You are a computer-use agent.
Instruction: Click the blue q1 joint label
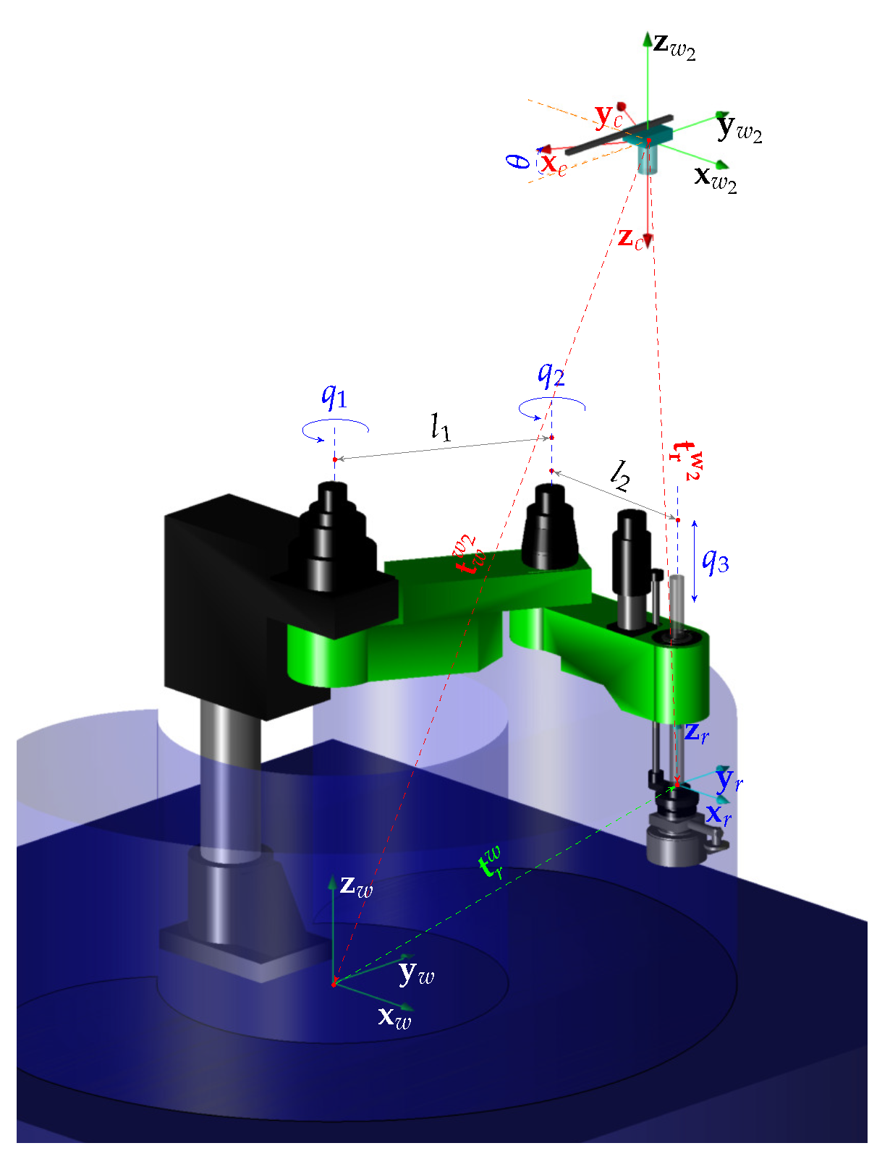click(334, 396)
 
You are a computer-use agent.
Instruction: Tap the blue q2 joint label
click(551, 374)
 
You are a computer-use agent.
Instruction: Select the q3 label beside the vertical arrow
click(716, 561)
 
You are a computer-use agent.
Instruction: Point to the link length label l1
click(441, 428)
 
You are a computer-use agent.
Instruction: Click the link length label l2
click(620, 475)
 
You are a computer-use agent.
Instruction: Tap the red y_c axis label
click(609, 116)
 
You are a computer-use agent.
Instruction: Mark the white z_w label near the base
click(356, 885)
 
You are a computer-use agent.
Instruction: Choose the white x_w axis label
click(394, 1017)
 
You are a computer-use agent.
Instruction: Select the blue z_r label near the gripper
click(697, 732)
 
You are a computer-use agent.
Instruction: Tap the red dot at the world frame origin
click(334, 984)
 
